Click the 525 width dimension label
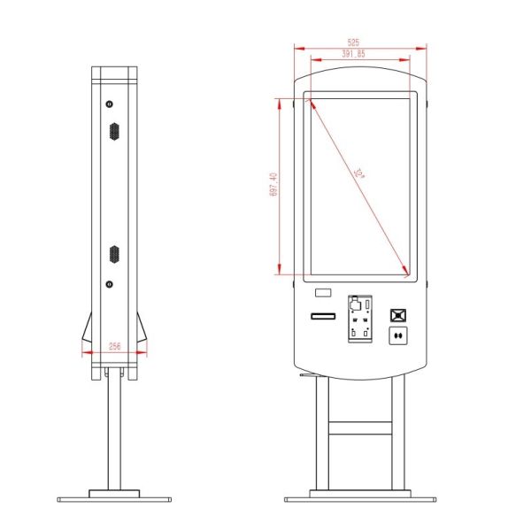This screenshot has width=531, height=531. click(353, 42)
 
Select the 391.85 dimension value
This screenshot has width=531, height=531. click(353, 54)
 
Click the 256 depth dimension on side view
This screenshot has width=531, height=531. click(114, 347)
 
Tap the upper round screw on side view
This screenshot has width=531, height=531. click(110, 104)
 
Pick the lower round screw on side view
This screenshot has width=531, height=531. click(110, 284)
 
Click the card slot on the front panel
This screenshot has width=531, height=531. click(322, 316)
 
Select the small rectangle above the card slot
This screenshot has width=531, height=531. click(323, 293)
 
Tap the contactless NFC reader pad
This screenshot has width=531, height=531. click(399, 335)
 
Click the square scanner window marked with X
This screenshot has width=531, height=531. click(399, 314)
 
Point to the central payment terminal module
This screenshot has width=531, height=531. click(359, 319)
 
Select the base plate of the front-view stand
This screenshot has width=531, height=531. click(359, 497)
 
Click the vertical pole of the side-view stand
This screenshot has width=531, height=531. click(114, 434)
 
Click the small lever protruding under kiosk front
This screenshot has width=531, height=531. click(306, 375)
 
